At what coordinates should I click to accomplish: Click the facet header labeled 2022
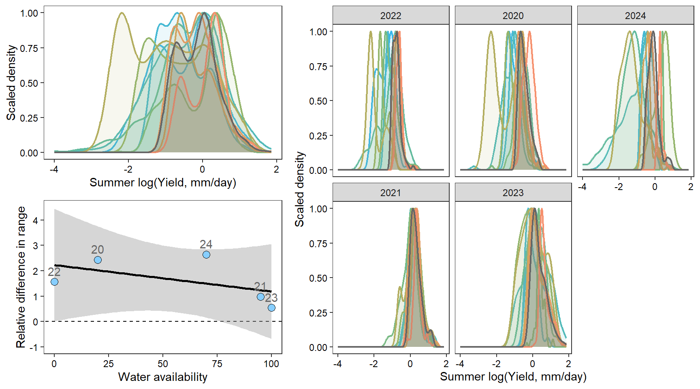pos(391,16)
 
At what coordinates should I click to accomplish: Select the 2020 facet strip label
pos(513,16)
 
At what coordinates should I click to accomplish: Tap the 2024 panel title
pos(635,16)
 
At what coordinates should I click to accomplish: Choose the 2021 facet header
pos(391,193)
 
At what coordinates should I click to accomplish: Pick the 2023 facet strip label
pos(513,193)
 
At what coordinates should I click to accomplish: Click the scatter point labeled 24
pos(206,254)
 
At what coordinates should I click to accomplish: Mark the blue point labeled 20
pos(98,260)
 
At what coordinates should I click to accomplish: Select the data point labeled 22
pos(54,282)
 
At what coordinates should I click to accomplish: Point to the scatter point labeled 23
pos(271,308)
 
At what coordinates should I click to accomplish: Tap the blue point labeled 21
pos(260,297)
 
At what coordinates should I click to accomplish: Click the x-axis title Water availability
pos(162,377)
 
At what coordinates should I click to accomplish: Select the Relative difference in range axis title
pos(21,277)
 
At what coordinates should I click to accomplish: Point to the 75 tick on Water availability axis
pos(217,363)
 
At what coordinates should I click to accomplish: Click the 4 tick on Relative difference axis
pos(36,220)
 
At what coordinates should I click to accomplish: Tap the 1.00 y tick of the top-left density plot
pos(29,13)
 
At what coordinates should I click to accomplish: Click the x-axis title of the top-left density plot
pos(162,182)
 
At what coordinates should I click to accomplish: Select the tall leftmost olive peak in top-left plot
pos(122,13)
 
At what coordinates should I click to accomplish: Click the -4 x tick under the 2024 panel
pos(582,187)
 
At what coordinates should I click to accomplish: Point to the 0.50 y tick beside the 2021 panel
pos(318,278)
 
